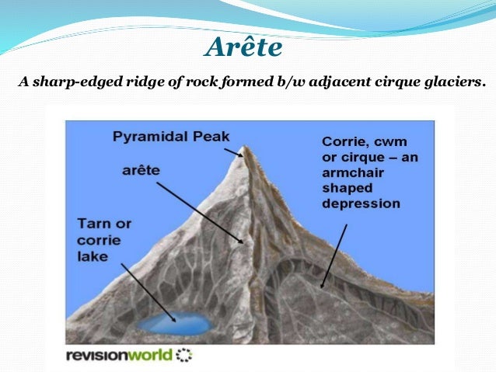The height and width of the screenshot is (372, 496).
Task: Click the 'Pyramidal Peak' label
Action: [171, 137]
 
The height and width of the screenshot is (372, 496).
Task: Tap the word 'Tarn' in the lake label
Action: [93, 224]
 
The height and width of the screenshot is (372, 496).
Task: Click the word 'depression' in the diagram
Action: [360, 204]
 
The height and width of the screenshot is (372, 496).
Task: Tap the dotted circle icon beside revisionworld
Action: [183, 356]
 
